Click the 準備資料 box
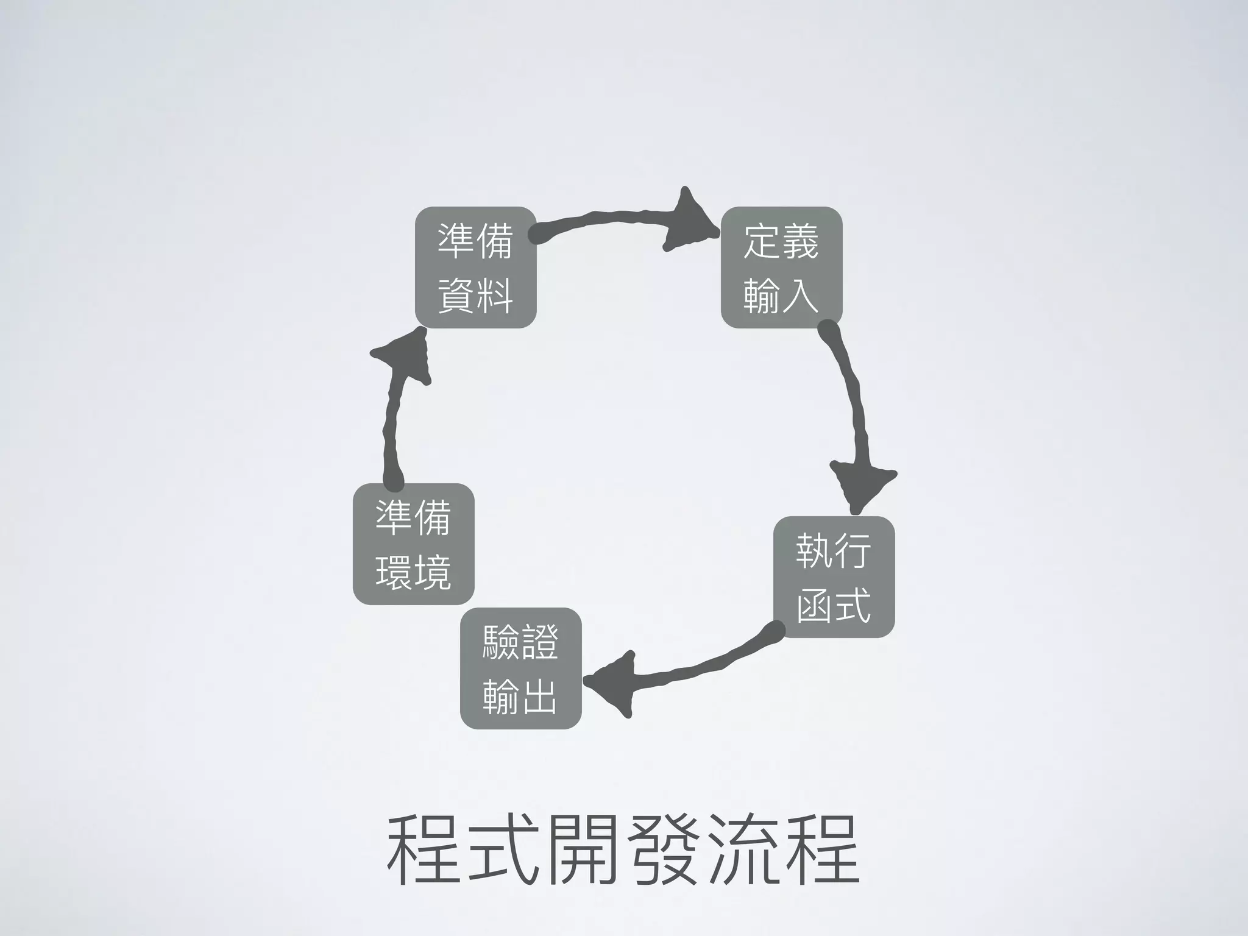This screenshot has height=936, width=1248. point(475,268)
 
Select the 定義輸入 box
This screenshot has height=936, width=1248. point(781,268)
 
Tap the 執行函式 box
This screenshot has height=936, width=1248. point(834,576)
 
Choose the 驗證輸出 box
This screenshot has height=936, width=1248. point(520,668)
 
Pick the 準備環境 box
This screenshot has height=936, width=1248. point(413,544)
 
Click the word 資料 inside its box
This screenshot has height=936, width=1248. point(475,295)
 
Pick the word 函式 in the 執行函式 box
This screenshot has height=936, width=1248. point(834,604)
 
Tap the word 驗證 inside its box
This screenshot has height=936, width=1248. point(520,641)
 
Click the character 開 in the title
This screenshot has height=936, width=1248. point(583,851)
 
